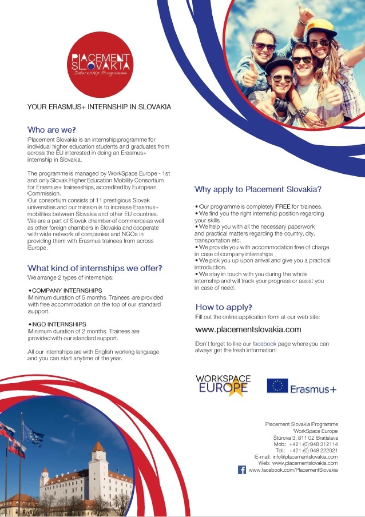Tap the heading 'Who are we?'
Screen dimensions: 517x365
click(x=51, y=130)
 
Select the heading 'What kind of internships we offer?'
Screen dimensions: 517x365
click(x=94, y=268)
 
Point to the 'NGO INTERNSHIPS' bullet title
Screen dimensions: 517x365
click(x=58, y=324)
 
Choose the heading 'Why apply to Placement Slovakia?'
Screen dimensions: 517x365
click(x=258, y=189)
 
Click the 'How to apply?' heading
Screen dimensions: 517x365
click(x=224, y=307)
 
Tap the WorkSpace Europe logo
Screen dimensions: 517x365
click(x=222, y=385)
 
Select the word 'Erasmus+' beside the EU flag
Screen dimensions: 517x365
click(x=313, y=389)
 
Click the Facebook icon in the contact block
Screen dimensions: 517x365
click(x=242, y=470)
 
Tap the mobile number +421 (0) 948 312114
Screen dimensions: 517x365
click(x=313, y=444)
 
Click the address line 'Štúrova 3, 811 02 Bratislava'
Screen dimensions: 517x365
click(x=305, y=438)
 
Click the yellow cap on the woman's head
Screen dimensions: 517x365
click(x=320, y=27)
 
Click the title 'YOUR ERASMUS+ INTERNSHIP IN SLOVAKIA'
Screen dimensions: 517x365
click(x=99, y=107)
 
